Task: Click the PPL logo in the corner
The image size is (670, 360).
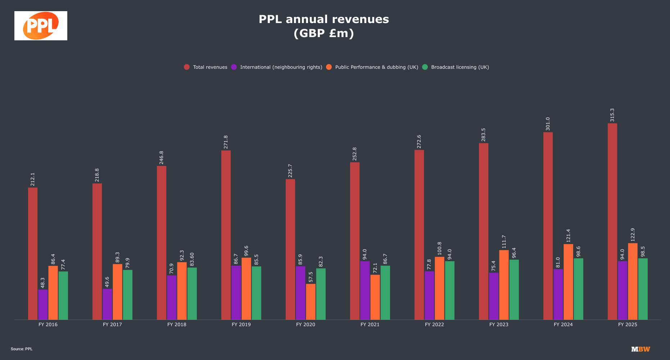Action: coord(41,26)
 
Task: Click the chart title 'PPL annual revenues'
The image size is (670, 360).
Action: coord(323,19)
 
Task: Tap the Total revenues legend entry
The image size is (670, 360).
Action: coord(205,67)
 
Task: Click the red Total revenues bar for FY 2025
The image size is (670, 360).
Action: coord(612,221)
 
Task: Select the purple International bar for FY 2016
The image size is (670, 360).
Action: coord(43,305)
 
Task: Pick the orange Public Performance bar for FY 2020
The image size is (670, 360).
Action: coord(311,302)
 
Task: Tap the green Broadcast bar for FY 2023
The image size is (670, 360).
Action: coord(514,289)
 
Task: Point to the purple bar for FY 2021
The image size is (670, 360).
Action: coord(365,290)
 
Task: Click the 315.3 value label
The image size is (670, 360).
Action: coord(612,115)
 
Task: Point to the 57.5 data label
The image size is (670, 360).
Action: coord(311,277)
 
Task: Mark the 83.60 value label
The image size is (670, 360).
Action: coord(192,259)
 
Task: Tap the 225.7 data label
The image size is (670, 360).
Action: coord(290,171)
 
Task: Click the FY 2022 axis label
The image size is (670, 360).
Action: coord(434,324)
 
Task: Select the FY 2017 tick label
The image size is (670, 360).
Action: coord(112,324)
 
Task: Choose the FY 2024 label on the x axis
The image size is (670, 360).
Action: coord(563,324)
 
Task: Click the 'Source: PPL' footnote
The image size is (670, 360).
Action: coord(22,349)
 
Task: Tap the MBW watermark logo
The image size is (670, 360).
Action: coord(640,349)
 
